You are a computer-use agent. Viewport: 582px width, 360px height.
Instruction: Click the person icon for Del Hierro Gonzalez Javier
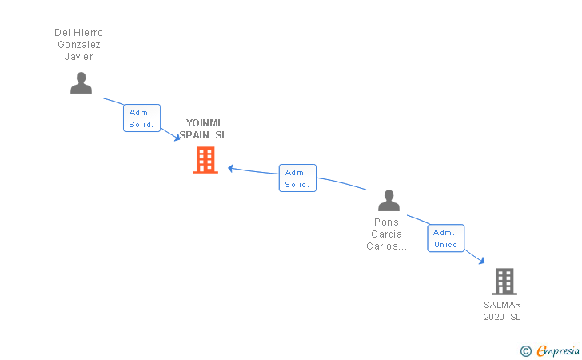pos(81,83)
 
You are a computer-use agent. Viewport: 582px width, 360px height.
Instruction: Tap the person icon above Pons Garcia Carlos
pos(389,201)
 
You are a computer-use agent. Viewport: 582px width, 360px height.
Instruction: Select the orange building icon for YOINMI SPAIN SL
pos(205,160)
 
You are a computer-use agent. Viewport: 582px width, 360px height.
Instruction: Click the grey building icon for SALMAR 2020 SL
pos(504,282)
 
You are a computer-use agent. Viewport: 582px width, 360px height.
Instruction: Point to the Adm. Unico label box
pos(445,238)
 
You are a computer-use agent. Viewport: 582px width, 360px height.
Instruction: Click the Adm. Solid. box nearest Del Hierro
pos(142,118)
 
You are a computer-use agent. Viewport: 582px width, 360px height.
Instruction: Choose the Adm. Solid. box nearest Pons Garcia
pos(297,178)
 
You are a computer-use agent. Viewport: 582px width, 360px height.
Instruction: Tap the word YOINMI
pos(203,123)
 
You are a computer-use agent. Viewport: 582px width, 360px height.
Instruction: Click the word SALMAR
pos(502,305)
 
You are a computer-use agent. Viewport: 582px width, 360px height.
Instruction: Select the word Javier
pos(78,57)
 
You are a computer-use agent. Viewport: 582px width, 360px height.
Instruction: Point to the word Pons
pos(386,222)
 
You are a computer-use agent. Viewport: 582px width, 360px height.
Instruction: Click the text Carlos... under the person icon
pos(387,246)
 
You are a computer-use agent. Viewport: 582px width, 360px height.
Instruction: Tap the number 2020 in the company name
pos(494,317)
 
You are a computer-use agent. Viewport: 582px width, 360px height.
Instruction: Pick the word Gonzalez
pos(78,45)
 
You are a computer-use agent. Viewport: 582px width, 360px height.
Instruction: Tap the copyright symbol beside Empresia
pos(525,350)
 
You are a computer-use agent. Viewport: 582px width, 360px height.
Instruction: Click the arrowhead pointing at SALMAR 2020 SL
pos(480,260)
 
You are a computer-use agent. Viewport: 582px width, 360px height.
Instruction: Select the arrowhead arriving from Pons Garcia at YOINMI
pos(231,168)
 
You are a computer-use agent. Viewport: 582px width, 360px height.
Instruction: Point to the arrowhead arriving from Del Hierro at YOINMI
pos(177,138)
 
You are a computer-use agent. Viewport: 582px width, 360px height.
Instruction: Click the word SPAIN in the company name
pos(195,135)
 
